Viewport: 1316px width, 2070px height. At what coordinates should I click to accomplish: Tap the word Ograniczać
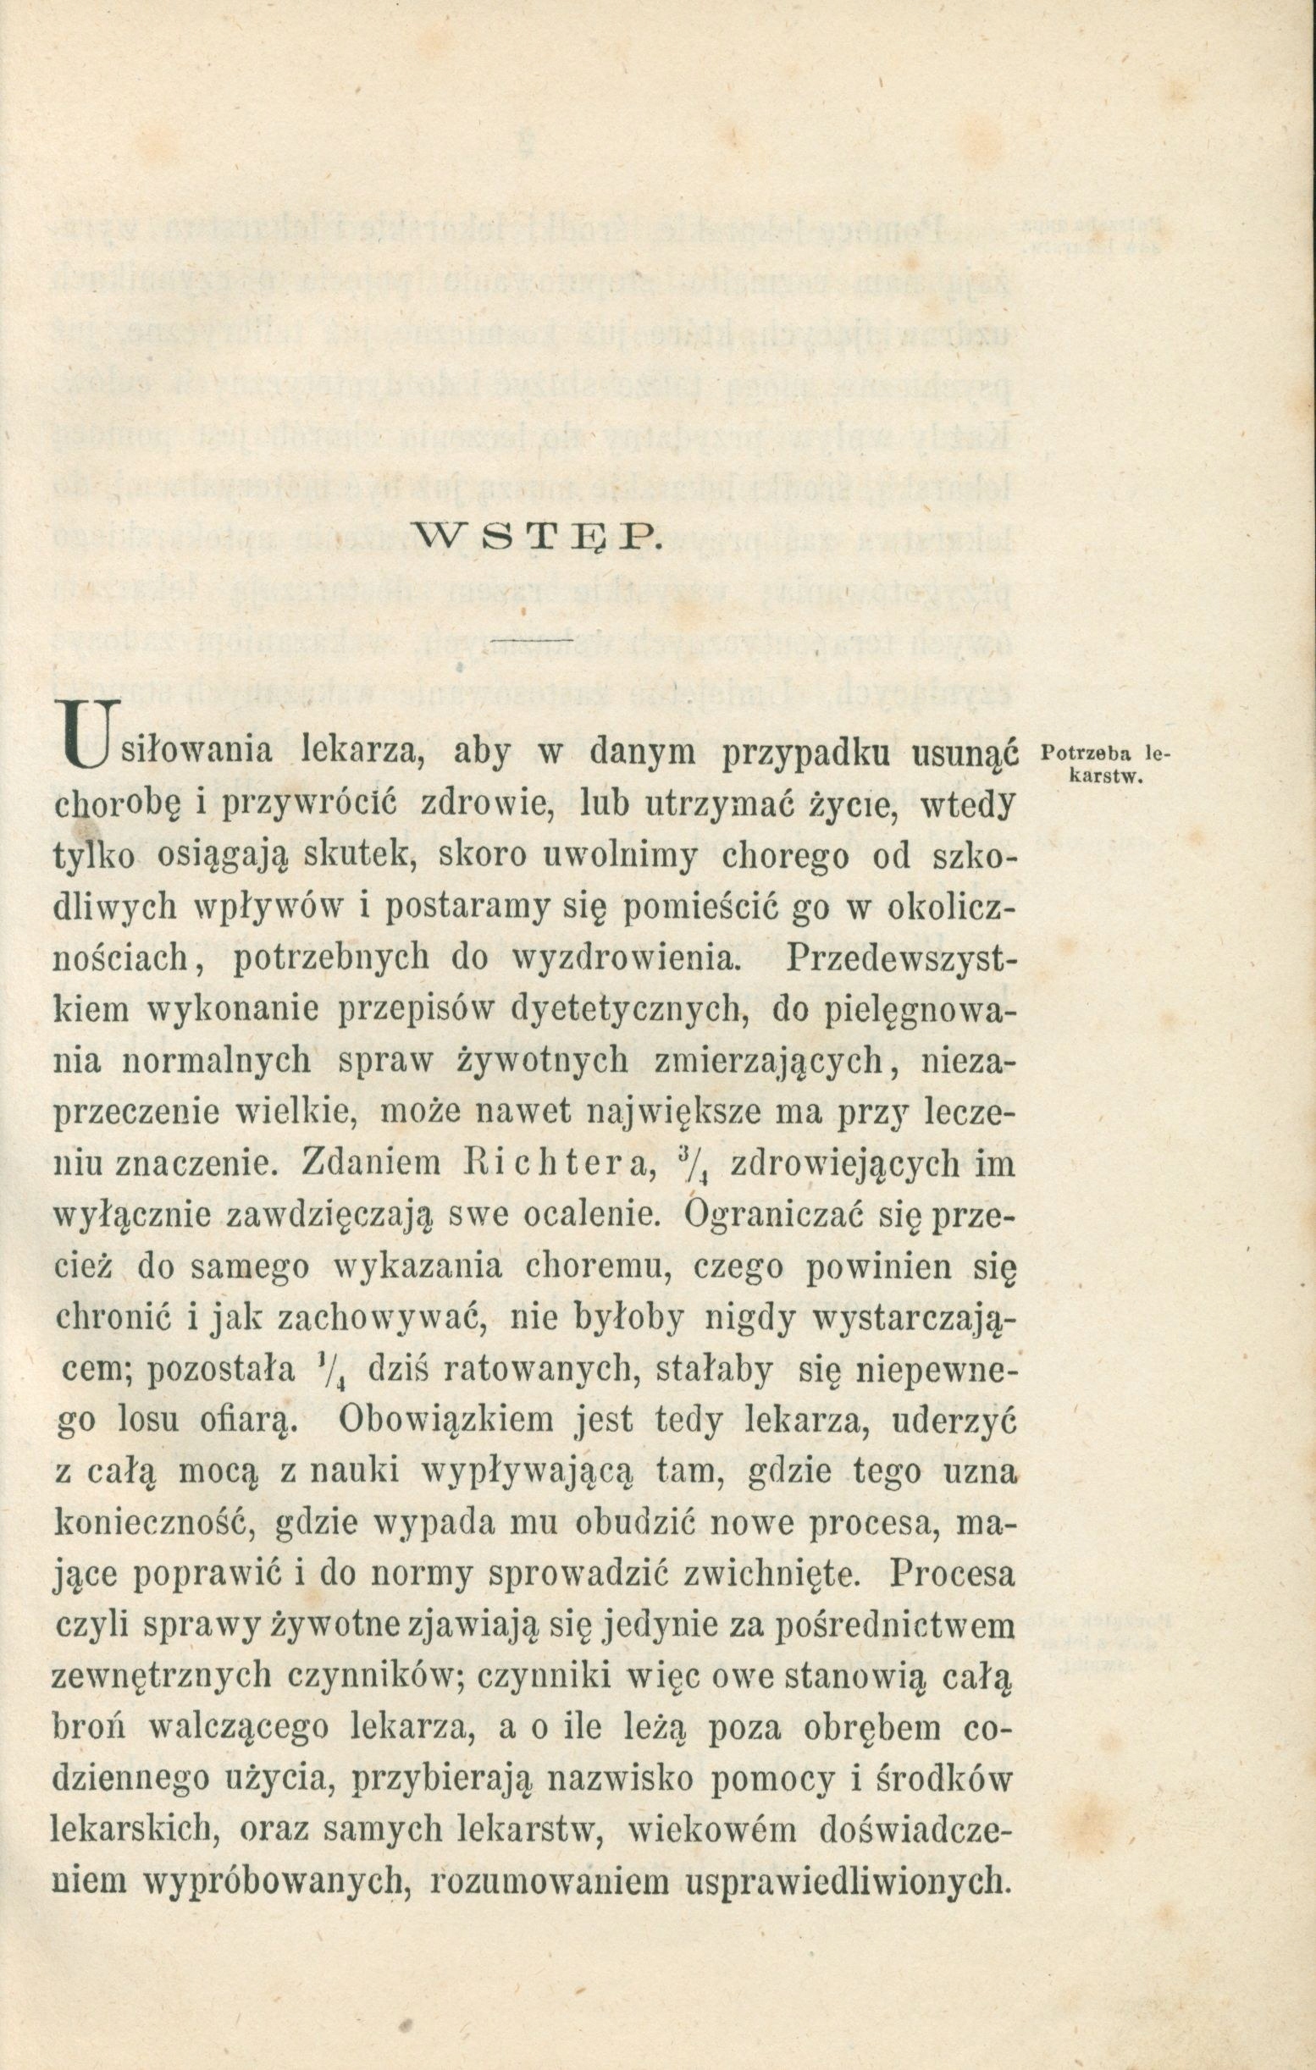coord(799,1217)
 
